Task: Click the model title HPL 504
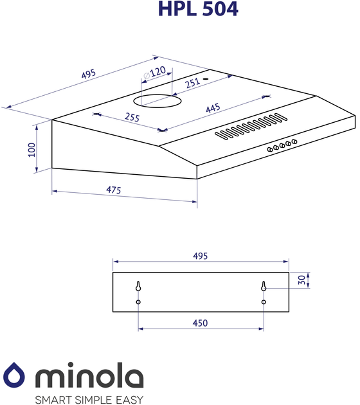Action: coord(198,9)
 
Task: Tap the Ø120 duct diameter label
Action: coord(154,72)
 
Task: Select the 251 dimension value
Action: coord(193,83)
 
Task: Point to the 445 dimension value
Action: coord(213,108)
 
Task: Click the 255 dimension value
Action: coord(132,117)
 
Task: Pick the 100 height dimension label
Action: coord(32,150)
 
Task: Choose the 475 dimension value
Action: coord(114,190)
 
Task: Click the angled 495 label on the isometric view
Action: coord(89,74)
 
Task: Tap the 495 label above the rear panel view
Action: coord(200,256)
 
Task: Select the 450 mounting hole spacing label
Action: coord(200,323)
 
